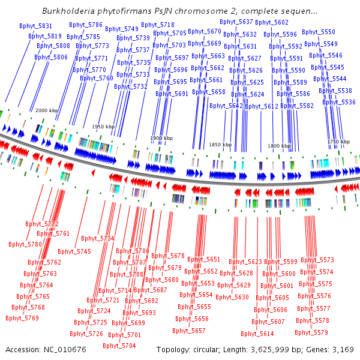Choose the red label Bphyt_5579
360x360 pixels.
pyautogui.click(x=312, y=332)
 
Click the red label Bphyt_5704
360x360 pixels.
pyautogui.click(x=119, y=346)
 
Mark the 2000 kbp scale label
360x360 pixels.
pyautogui.click(x=46, y=110)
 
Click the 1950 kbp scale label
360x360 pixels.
pyautogui.click(x=103, y=127)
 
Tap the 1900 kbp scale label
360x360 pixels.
pyautogui.click(x=161, y=138)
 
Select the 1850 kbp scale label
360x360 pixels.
pyautogui.click(x=220, y=145)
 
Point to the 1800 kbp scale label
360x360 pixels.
pyautogui.click(x=278, y=146)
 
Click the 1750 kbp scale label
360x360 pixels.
pyautogui.click(x=338, y=141)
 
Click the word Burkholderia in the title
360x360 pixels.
pyautogui.click(x=68, y=10)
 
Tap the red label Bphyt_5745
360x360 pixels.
pyautogui.click(x=75, y=251)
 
